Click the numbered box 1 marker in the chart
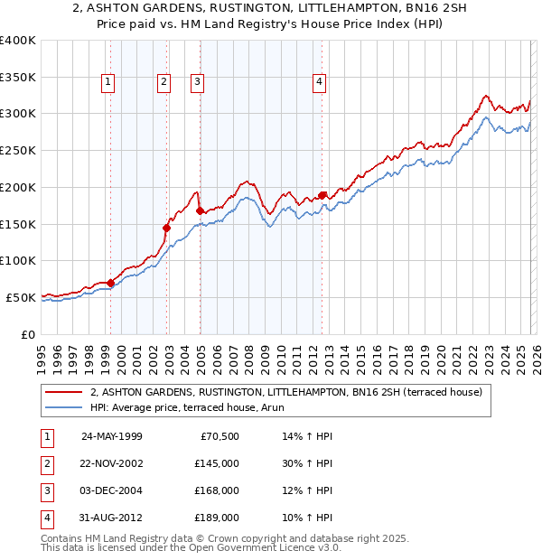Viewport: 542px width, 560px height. tap(108, 82)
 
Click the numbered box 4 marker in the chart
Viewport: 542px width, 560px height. tap(320, 82)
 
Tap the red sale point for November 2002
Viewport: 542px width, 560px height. tap(166, 228)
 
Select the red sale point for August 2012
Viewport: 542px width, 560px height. tap(322, 195)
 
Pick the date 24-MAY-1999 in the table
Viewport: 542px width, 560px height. tap(111, 436)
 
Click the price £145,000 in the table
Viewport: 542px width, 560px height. tap(217, 463)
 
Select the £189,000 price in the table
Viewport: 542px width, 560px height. tap(217, 518)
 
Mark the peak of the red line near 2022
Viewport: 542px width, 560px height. tap(485, 95)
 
